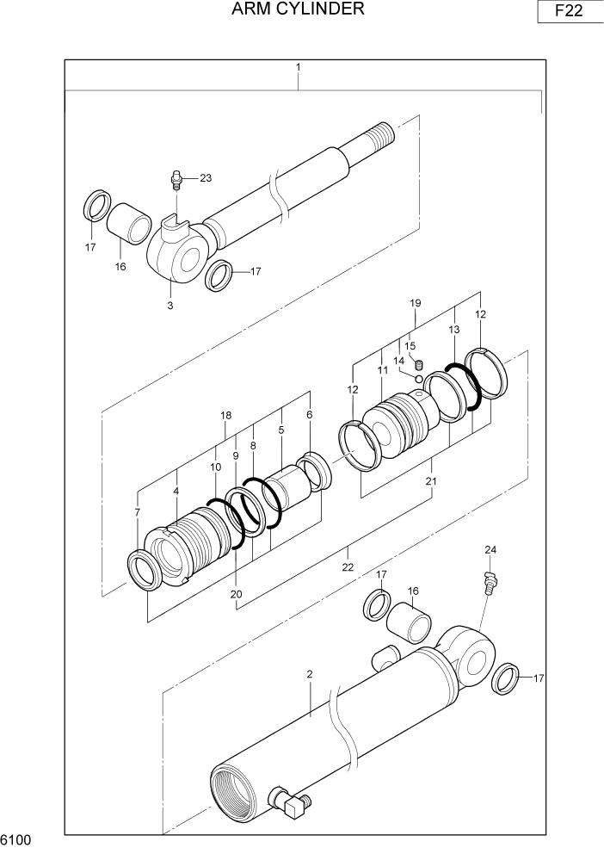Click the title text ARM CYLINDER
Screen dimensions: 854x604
click(298, 9)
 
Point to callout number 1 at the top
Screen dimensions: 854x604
click(298, 67)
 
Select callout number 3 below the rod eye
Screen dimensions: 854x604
click(169, 306)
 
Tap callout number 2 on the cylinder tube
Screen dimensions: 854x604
click(309, 674)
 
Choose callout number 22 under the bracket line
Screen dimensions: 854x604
click(348, 566)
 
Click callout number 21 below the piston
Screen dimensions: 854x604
click(431, 481)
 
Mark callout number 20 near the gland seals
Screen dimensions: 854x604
click(236, 593)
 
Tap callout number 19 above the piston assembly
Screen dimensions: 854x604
click(415, 303)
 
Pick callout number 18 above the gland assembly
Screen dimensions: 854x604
click(225, 415)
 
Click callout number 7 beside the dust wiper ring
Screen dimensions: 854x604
click(138, 513)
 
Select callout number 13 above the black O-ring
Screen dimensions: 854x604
click(454, 330)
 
